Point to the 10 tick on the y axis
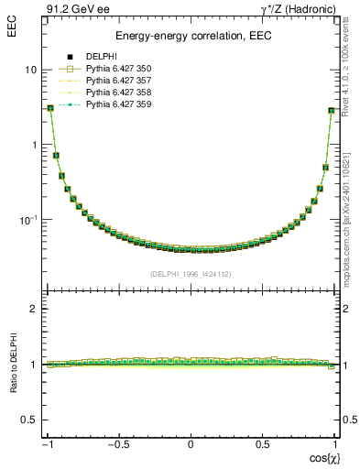(30, 70)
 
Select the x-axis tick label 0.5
(262, 445)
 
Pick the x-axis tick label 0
(191, 445)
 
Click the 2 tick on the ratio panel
(32, 309)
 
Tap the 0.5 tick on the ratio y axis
(28, 420)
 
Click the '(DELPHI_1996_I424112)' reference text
(191, 273)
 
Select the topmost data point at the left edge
(50, 108)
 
